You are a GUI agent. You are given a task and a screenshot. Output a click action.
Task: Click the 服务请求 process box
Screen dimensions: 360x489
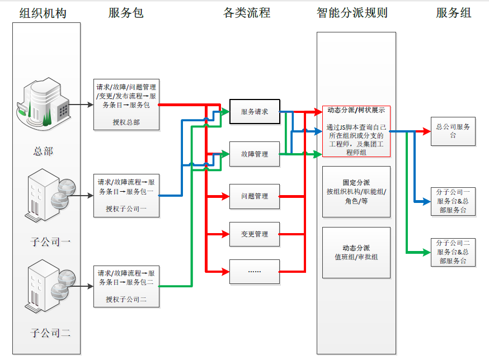pos(255,112)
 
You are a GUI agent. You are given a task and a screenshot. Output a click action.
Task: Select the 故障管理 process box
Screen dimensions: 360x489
pos(255,154)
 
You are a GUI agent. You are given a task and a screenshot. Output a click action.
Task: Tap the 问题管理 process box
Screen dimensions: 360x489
pos(255,196)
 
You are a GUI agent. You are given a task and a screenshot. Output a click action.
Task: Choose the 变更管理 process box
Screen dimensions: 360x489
pos(255,234)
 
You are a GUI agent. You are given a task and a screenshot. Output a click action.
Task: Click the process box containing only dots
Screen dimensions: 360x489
pos(255,271)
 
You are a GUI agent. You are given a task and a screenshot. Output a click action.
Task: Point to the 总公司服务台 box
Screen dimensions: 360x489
pos(453,131)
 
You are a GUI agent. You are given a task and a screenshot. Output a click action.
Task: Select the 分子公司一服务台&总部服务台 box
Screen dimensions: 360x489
pos(453,201)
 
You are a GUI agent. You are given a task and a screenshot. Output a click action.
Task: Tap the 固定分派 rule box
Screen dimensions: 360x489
pos(356,192)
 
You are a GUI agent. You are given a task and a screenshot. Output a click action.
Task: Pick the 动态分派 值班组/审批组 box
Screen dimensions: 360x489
pos(356,253)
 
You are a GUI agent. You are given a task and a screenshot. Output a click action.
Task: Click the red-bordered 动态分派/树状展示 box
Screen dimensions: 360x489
pos(356,131)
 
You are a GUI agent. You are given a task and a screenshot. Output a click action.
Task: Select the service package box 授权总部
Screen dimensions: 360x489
pos(126,104)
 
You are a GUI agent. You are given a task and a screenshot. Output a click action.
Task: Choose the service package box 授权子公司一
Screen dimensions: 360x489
pos(126,195)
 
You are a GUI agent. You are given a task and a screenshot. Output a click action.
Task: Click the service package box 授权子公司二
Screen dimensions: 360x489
pos(126,286)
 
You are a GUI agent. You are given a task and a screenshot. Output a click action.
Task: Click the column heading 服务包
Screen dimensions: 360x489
pos(126,12)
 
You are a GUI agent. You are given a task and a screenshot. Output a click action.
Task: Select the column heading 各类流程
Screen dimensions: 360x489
pos(247,12)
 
